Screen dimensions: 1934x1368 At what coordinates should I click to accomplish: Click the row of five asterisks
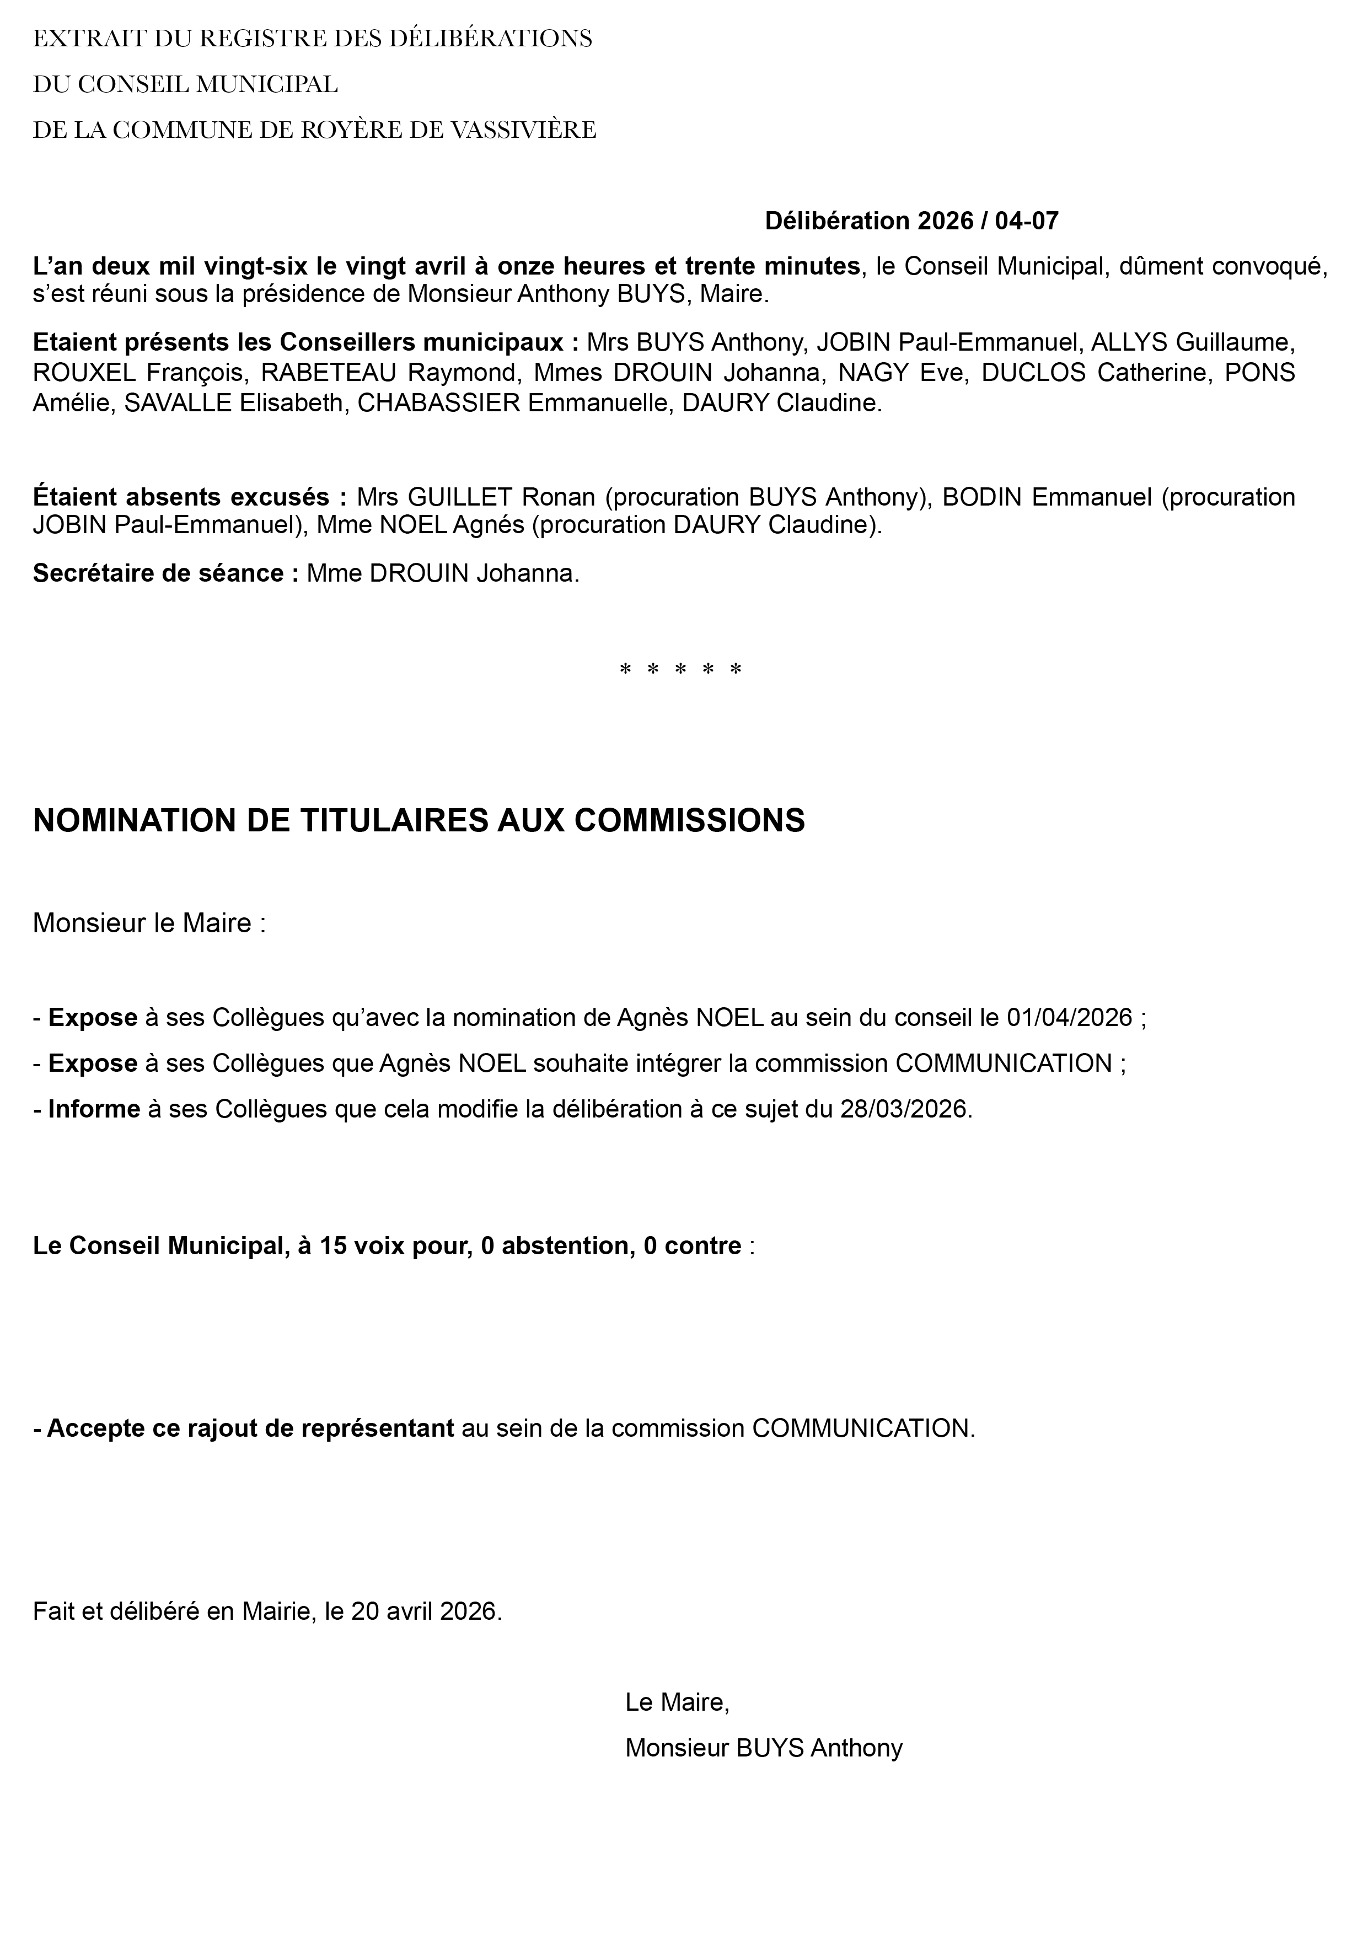pyautogui.click(x=680, y=670)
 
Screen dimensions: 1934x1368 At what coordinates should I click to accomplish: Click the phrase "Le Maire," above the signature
pyautogui.click(x=677, y=1702)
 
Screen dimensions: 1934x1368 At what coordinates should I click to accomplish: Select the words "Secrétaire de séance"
pyautogui.click(x=158, y=573)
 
